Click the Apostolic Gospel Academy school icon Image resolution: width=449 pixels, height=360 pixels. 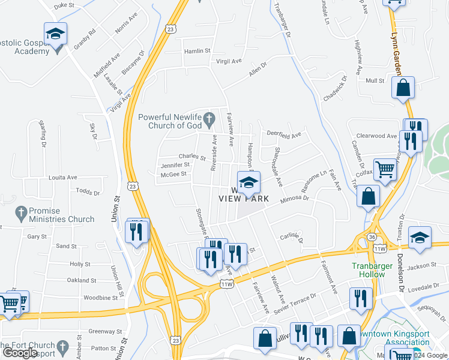click(55, 34)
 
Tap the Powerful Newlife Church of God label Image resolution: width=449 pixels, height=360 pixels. click(170, 121)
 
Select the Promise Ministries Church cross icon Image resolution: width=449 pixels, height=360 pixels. click(21, 212)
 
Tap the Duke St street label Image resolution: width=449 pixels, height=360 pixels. click(64, 5)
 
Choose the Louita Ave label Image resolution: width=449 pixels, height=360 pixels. click(63, 178)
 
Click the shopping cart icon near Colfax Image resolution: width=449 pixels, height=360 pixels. click(385, 169)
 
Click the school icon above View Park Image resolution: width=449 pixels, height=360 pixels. click(249, 182)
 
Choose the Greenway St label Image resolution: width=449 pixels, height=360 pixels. click(105, 331)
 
